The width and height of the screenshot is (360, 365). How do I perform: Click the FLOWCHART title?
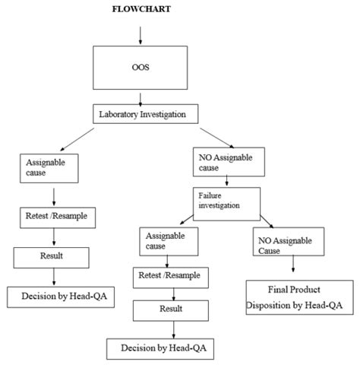pos(141,9)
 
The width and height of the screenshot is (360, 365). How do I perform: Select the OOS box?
pos(141,68)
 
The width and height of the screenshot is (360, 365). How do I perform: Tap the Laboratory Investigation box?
pos(145,114)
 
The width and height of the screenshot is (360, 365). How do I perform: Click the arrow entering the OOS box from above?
pos(141,36)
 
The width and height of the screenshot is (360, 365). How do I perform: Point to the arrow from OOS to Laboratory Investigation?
pos(141,100)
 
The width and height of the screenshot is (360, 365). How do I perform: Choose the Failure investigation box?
pos(226,204)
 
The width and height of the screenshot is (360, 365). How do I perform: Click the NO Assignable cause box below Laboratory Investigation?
pos(229,162)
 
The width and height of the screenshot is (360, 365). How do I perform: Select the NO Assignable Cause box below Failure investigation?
pos(289,242)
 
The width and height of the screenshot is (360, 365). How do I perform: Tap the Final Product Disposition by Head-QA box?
pos(299,297)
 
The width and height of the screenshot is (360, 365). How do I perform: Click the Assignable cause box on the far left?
pos(49,168)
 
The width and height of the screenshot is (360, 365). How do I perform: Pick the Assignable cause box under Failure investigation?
pos(169,241)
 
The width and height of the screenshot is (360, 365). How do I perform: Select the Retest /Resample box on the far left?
pos(58,217)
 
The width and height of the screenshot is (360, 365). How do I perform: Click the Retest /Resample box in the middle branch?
pos(171,278)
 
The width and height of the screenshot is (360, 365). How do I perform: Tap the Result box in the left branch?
pos(51,258)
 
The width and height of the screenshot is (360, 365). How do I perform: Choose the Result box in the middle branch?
pos(171,311)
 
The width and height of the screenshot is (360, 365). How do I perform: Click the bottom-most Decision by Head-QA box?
pos(160,349)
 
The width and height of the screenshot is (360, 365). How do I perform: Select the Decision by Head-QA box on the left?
pos(61,297)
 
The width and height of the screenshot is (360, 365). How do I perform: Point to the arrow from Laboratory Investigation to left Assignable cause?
pos(77,139)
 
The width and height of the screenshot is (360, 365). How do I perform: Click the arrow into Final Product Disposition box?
pos(293,264)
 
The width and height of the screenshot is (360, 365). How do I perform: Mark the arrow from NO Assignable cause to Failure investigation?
pos(226,180)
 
